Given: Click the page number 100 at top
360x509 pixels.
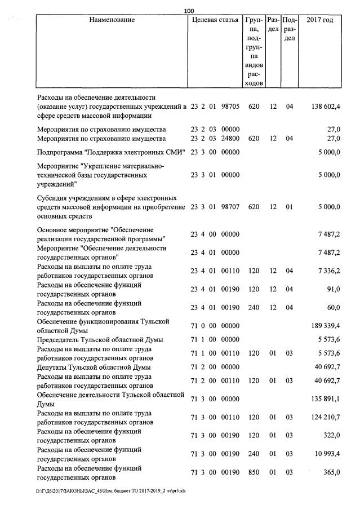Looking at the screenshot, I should (x=189, y=10).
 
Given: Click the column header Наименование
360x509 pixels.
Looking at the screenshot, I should (x=112, y=20).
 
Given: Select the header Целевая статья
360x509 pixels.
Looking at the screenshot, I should (x=215, y=20).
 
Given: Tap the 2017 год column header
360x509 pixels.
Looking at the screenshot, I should (x=319, y=20).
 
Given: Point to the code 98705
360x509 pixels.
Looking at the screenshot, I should (x=230, y=107).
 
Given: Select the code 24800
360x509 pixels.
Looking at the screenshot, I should (x=230, y=138).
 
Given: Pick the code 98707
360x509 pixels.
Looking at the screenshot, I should (x=230, y=207).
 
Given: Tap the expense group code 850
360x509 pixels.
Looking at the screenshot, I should (x=254, y=473).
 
